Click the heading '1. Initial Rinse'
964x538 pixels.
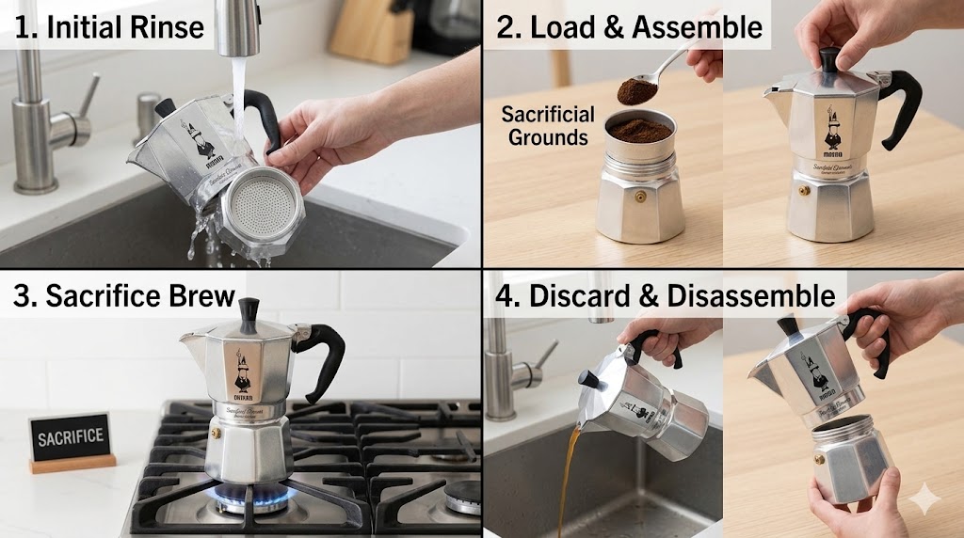point(109,26)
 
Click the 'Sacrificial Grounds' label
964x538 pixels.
point(548,125)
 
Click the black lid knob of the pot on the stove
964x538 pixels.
point(249,313)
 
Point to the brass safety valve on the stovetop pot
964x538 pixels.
point(216,434)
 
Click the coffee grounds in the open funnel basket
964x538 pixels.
point(640,129)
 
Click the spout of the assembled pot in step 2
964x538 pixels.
point(775,93)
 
